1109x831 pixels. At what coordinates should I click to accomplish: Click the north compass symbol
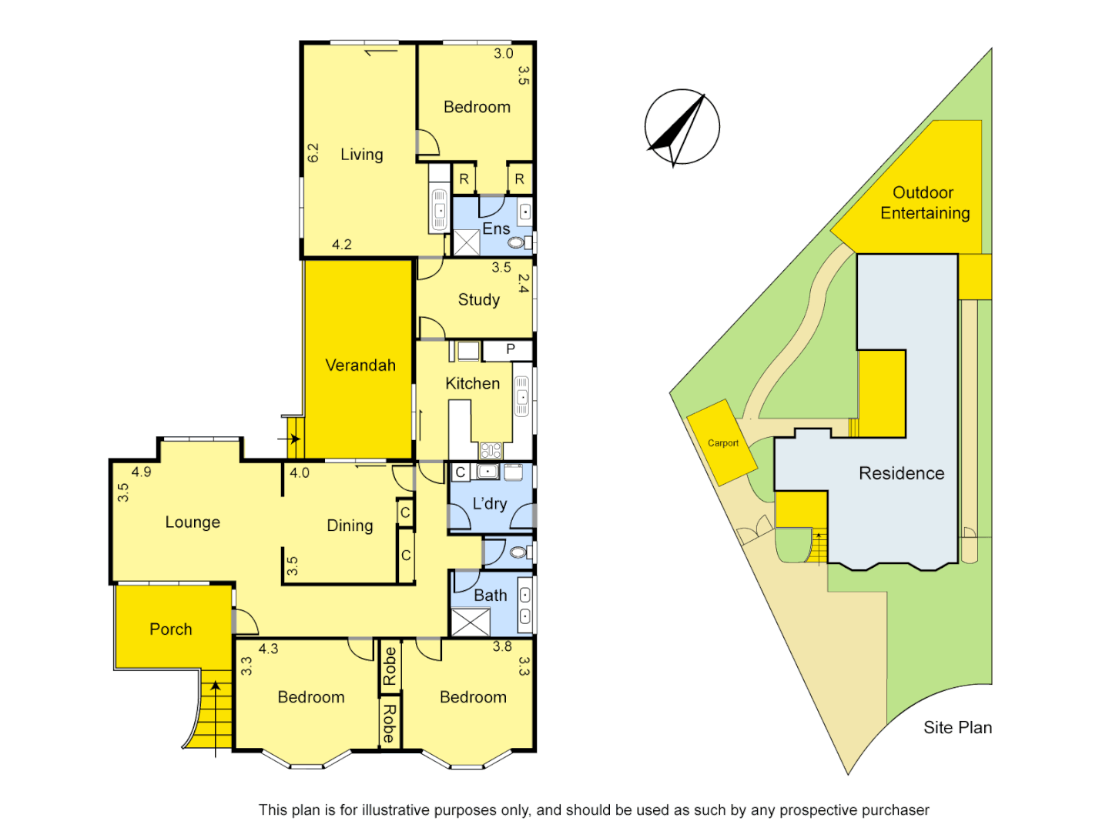click(682, 127)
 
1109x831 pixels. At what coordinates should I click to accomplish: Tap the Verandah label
click(360, 365)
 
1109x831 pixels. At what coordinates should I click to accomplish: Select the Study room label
click(478, 300)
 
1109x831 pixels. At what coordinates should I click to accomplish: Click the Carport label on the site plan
click(722, 443)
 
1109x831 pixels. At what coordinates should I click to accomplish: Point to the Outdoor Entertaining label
click(924, 203)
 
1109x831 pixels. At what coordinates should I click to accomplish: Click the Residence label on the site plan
click(901, 473)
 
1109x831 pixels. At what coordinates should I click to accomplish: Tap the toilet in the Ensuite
click(517, 243)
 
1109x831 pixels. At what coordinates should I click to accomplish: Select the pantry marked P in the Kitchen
click(510, 350)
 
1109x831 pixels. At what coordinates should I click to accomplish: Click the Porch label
click(170, 629)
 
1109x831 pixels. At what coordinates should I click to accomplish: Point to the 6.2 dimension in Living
click(313, 152)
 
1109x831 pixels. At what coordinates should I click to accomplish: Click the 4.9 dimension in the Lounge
click(141, 472)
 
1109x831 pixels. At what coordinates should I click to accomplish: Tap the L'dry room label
click(490, 504)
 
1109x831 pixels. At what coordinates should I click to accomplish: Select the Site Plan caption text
click(957, 728)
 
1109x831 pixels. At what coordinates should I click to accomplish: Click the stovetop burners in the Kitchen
click(491, 450)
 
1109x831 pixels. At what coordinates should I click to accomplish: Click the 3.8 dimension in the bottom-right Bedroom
click(502, 647)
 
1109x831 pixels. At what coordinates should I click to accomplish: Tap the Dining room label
click(350, 526)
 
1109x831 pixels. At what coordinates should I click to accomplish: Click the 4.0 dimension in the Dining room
click(300, 473)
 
